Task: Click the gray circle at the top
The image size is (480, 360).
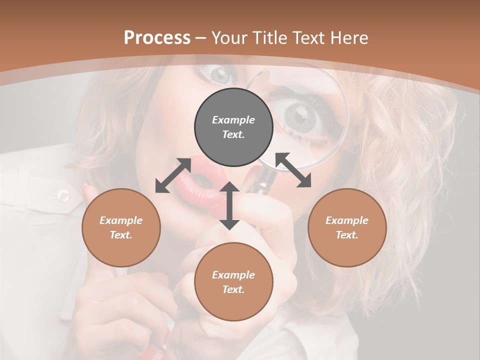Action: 233,127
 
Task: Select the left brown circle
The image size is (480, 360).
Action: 121,227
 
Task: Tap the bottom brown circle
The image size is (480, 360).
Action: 233,281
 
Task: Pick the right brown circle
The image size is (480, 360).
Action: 346,227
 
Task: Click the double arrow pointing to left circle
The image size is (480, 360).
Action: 173,175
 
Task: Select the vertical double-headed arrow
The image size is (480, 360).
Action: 229,205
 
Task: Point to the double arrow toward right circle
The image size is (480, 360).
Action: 293,170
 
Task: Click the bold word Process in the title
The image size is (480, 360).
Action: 157,37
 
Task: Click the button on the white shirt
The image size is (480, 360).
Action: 63,195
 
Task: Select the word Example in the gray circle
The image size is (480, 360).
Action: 233,120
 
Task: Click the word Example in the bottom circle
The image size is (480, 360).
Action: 233,275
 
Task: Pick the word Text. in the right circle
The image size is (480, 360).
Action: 346,235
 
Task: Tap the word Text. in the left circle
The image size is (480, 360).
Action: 121,235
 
